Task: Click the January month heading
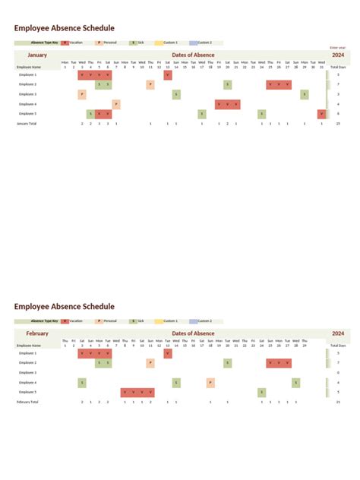38,55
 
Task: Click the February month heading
37,333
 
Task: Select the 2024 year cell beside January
338,55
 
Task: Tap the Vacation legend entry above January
74,43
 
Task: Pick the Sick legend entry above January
140,43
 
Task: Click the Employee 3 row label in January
27,94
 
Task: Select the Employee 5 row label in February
27,392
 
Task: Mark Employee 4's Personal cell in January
116,104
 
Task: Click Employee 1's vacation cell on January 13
167,75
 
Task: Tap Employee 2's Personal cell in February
150,363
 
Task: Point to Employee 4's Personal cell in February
210,382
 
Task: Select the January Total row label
27,122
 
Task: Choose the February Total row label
27,401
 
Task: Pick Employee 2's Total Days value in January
338,84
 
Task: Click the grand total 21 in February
338,401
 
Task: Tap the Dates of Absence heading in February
193,333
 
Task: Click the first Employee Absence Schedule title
64,28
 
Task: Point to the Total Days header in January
338,67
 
